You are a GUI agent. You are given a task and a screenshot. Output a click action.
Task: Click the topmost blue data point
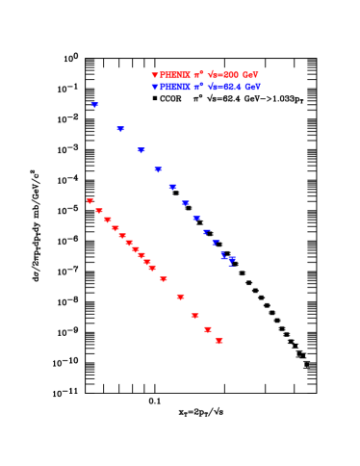pyautogui.click(x=95, y=104)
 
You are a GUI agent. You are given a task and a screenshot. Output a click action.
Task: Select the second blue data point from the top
pyautogui.click(x=120, y=128)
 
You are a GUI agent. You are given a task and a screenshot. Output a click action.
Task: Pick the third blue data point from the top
pyautogui.click(x=141, y=149)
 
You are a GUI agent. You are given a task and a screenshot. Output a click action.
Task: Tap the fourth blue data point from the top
pyautogui.click(x=158, y=168)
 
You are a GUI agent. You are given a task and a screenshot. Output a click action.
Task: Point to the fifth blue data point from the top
pyautogui.click(x=172, y=186)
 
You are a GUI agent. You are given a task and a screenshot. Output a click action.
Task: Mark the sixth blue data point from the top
pyautogui.click(x=185, y=202)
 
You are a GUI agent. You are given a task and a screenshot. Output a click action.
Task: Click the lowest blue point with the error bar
pyautogui.click(x=231, y=259)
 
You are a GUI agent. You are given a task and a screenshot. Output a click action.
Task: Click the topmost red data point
pyautogui.click(x=90, y=201)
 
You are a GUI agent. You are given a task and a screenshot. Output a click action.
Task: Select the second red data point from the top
pyautogui.click(x=99, y=210)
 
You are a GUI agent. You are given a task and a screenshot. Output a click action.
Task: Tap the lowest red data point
pyautogui.click(x=219, y=340)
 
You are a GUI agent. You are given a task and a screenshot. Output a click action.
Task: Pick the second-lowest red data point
pyautogui.click(x=207, y=329)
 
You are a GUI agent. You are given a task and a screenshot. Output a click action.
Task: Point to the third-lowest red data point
pyautogui.click(x=194, y=315)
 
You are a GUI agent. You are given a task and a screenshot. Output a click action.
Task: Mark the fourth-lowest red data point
pyautogui.click(x=180, y=297)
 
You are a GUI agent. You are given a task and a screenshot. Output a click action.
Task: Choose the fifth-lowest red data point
pyautogui.click(x=164, y=279)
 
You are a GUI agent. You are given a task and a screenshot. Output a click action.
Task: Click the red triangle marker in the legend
pyautogui.click(x=155, y=75)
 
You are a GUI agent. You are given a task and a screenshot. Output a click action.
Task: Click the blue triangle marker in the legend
pyautogui.click(x=155, y=87)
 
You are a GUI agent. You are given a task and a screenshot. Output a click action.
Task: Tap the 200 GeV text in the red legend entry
pyautogui.click(x=240, y=75)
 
